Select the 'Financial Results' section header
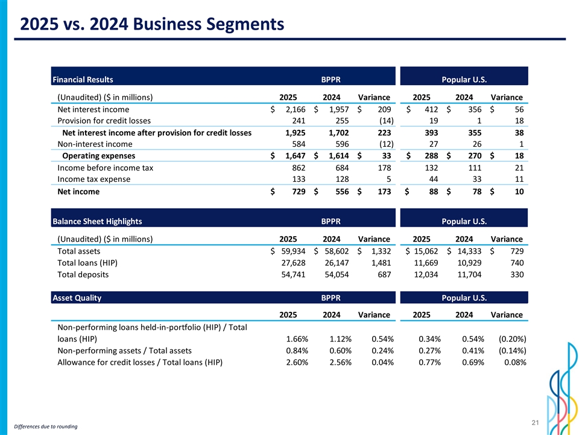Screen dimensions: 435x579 [83, 79]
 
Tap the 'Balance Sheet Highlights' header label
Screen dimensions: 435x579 [98, 222]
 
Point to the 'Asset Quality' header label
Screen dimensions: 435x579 [77, 298]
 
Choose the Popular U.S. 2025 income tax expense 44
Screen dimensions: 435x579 [432, 179]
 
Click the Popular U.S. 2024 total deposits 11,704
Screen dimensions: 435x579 [469, 274]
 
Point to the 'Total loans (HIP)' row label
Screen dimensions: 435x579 [87, 263]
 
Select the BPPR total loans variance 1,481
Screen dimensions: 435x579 [381, 263]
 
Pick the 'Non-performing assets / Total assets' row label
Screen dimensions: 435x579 [124, 350]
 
